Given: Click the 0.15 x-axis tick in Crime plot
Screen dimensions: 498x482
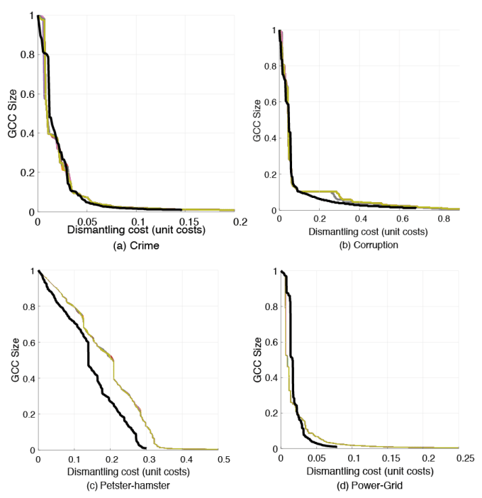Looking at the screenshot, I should point(188,221).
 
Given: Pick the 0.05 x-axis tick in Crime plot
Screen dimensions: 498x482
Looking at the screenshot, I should point(87,221).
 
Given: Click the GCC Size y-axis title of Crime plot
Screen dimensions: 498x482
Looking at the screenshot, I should point(12,114).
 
